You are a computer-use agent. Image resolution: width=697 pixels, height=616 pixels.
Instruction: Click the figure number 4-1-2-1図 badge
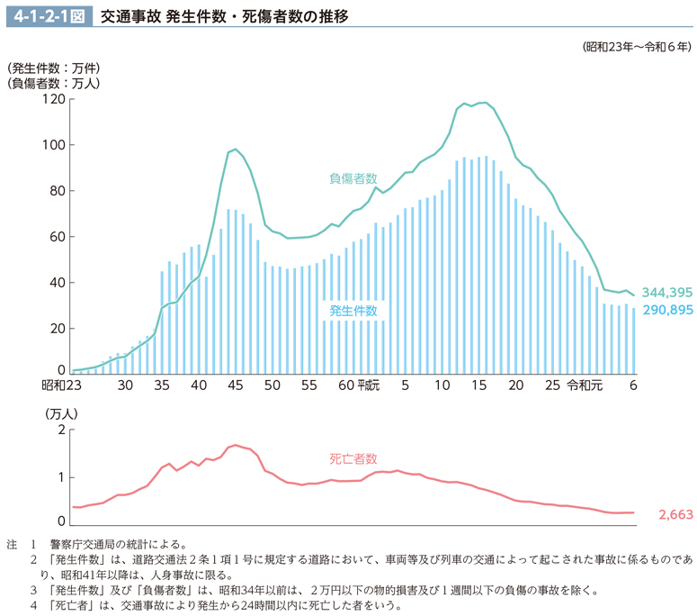49,15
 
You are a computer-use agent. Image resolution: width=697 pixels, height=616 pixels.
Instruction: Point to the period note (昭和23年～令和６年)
637,48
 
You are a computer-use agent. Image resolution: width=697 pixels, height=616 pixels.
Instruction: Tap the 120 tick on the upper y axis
53,99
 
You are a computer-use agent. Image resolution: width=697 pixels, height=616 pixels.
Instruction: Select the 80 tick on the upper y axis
57,191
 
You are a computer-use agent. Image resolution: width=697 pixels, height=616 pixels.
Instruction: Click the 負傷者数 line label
353,178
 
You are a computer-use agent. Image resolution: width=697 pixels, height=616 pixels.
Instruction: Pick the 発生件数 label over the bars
353,311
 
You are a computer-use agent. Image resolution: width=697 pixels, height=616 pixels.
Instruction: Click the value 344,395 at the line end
666,293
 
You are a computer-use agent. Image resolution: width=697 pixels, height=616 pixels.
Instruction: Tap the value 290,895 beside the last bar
666,310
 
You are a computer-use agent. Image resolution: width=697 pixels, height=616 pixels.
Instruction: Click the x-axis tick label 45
236,385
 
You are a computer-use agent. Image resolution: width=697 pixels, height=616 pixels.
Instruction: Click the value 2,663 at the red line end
675,515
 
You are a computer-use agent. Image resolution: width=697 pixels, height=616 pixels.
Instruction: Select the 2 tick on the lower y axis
60,430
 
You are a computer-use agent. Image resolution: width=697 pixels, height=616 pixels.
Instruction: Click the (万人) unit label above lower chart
62,413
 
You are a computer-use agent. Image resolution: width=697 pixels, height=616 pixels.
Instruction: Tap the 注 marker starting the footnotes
12,544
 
